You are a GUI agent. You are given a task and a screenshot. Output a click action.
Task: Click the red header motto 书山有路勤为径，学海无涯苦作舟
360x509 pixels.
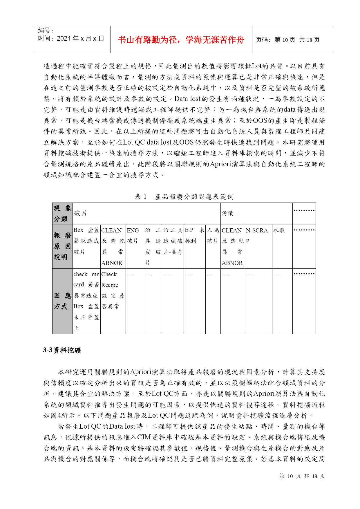pos(181,40)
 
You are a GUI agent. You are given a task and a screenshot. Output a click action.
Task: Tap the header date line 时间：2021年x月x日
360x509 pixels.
pos(71,39)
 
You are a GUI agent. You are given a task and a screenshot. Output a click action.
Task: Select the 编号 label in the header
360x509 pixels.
pos(46,30)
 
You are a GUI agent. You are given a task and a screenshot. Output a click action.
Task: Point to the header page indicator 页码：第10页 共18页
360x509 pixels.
pos(287,40)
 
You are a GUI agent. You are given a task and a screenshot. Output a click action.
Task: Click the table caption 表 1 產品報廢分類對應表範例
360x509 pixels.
pos(184,197)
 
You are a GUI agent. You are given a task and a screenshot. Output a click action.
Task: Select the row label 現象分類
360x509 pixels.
pos(62,214)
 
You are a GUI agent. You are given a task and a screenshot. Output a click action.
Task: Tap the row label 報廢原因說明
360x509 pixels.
pos(62,246)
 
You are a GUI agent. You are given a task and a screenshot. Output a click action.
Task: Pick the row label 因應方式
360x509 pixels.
pos(62,301)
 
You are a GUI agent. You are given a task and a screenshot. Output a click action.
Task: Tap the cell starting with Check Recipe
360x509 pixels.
pos(113,290)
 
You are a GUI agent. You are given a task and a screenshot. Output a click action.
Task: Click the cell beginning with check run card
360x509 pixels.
pos(86,301)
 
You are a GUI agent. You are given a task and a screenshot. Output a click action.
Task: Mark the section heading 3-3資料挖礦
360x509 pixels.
pos(62,350)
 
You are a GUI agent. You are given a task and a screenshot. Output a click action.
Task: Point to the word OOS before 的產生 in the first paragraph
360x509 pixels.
pos(260,121)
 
